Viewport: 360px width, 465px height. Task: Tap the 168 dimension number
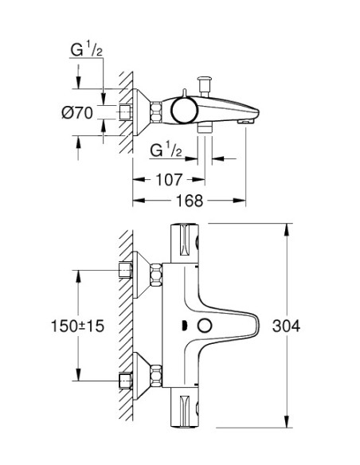coord(188,201)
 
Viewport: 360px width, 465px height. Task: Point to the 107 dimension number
coord(170,179)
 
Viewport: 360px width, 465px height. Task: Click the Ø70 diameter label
coord(77,113)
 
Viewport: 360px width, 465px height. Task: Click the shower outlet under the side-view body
coord(205,127)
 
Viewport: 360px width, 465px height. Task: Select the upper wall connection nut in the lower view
coord(126,269)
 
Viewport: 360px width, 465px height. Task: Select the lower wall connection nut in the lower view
coord(126,381)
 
